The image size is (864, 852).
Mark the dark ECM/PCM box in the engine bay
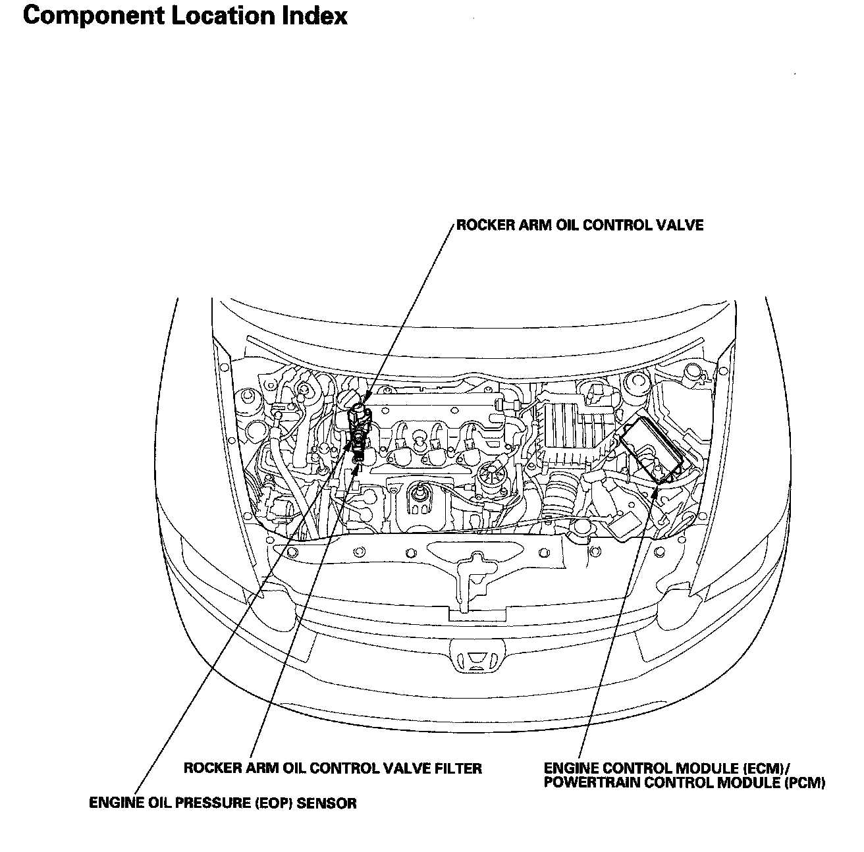652,448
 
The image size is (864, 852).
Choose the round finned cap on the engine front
490,472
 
